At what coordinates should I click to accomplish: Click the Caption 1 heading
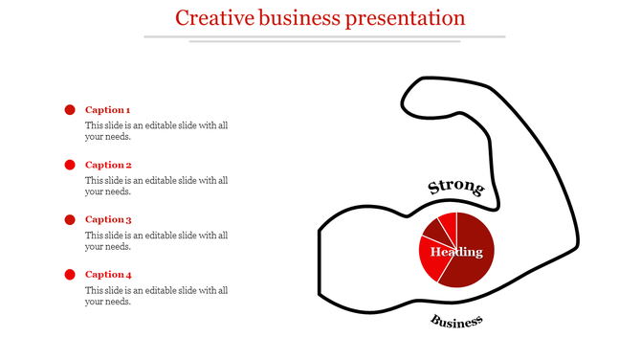(x=107, y=110)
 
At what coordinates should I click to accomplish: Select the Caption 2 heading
(x=108, y=165)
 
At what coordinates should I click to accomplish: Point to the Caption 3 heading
(x=108, y=219)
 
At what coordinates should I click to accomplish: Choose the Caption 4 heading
(x=108, y=275)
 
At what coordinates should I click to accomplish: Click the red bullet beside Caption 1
(x=70, y=110)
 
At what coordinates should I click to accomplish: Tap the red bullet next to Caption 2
(x=70, y=165)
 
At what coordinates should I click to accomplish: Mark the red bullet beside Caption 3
(x=70, y=220)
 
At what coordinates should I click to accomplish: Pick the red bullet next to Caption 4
(x=70, y=275)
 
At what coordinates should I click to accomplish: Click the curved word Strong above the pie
(x=455, y=188)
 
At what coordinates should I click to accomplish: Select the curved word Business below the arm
(x=456, y=322)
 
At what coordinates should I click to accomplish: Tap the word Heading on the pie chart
(x=456, y=252)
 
